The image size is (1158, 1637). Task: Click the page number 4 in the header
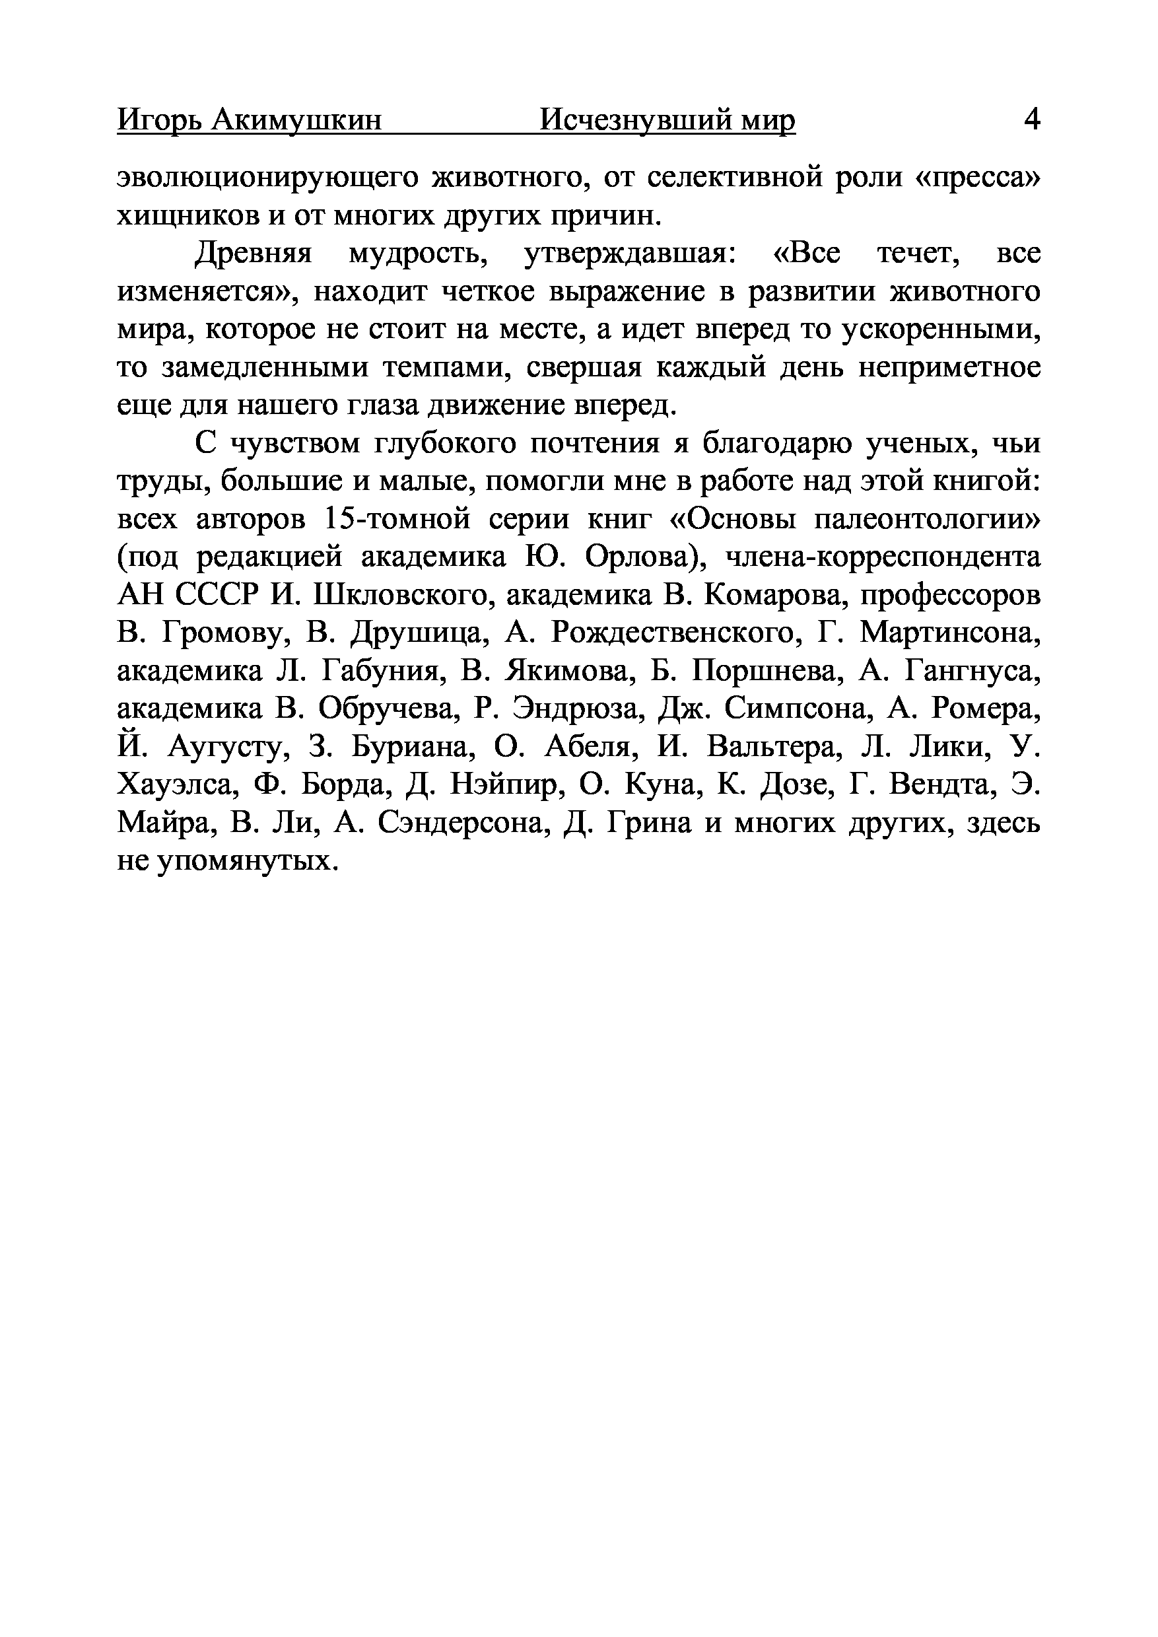(1031, 119)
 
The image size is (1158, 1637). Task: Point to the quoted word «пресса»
(978, 176)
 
